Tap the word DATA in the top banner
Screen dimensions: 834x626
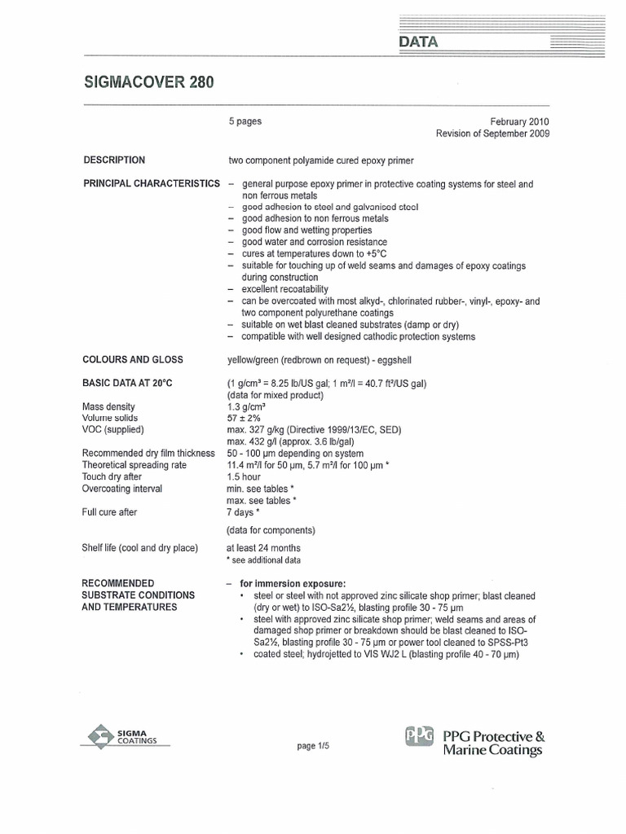pyautogui.click(x=418, y=42)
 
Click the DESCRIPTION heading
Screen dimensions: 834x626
pyautogui.click(x=114, y=160)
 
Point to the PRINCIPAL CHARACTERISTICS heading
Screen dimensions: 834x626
pyautogui.click(x=152, y=184)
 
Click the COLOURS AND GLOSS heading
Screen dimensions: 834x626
pyautogui.click(x=133, y=360)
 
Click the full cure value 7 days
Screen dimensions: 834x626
pyautogui.click(x=243, y=512)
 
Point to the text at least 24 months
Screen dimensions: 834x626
pyautogui.click(x=263, y=548)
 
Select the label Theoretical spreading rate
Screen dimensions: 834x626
pyautogui.click(x=134, y=465)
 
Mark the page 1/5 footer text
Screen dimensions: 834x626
pyautogui.click(x=313, y=746)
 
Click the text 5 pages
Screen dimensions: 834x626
pyautogui.click(x=245, y=121)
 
